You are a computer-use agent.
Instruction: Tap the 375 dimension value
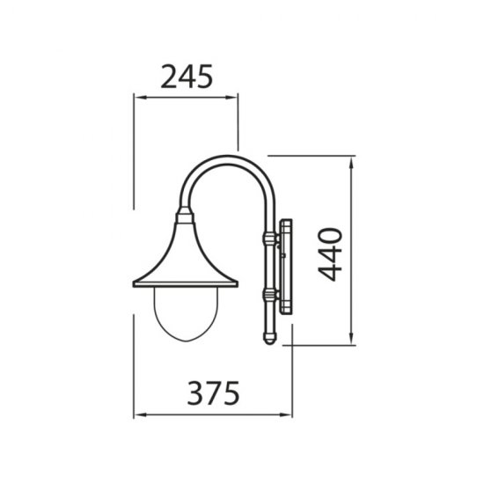click(213, 393)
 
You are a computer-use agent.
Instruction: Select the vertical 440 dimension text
click(328, 253)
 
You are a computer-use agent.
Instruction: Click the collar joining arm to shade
click(184, 215)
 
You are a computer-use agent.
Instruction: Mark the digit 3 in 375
click(195, 393)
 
